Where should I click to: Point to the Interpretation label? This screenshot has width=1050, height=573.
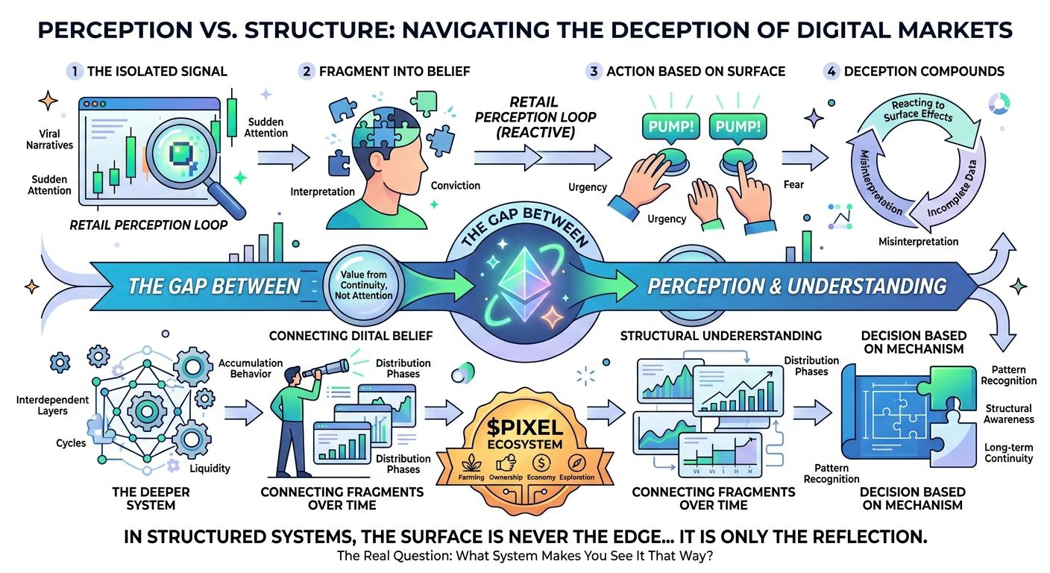point(322,192)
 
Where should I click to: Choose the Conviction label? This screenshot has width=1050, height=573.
point(456,186)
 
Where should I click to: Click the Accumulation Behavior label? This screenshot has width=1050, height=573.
point(251,368)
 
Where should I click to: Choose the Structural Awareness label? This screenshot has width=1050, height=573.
point(1008,413)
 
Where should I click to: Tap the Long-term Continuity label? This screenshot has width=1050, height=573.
point(1008,452)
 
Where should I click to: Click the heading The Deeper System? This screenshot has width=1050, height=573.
point(140,498)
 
